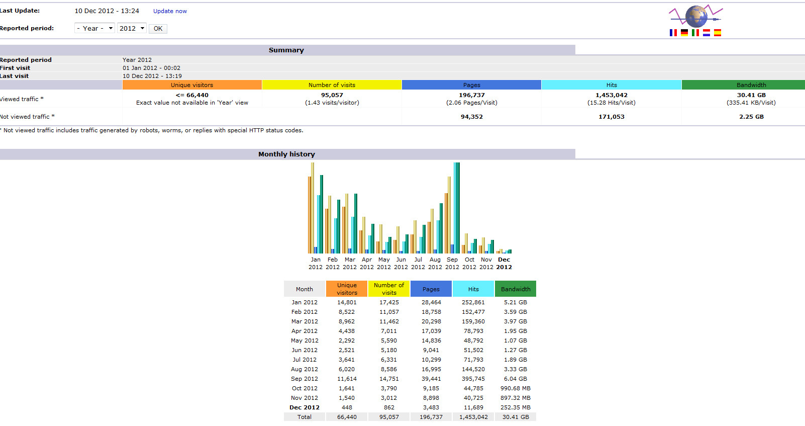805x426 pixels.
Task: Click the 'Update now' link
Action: tap(170, 11)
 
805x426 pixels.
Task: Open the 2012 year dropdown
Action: tap(132, 29)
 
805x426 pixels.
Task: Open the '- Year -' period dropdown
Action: tap(94, 29)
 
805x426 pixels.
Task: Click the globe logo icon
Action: tap(696, 16)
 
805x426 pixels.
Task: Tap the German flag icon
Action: tap(684, 33)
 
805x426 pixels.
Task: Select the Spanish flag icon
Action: tap(718, 33)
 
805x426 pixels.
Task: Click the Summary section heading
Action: tap(286, 50)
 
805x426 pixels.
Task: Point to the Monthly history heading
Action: tap(286, 154)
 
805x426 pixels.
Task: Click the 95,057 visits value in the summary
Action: tap(332, 95)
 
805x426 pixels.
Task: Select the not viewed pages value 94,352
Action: tap(471, 117)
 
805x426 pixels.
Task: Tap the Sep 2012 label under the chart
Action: tap(452, 264)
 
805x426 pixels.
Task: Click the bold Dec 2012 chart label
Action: tap(504, 264)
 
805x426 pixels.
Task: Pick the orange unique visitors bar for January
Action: tap(310, 215)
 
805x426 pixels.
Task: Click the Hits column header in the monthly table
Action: tap(473, 289)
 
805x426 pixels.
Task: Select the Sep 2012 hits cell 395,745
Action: tap(473, 379)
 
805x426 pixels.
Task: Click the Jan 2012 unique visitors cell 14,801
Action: tap(347, 302)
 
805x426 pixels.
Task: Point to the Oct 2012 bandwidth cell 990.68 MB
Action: tap(516, 388)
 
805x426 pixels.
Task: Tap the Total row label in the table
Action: tap(305, 416)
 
